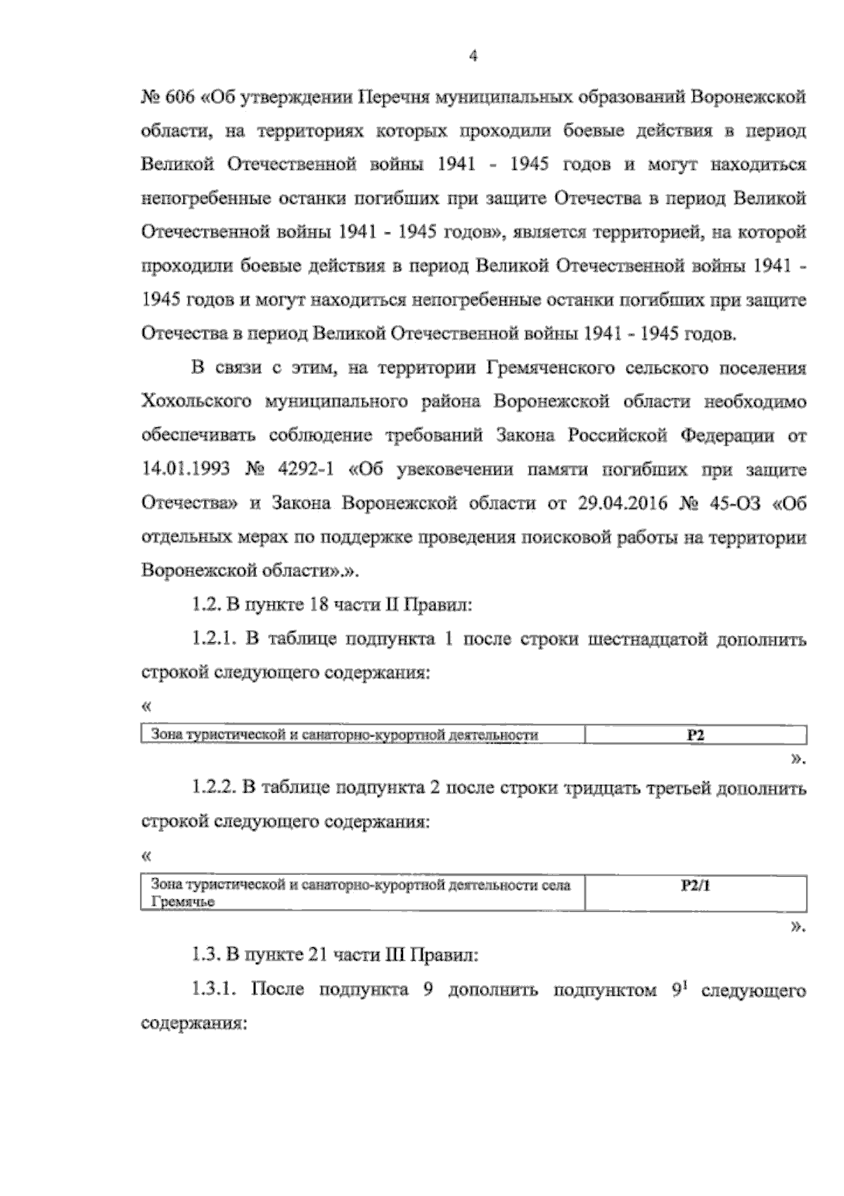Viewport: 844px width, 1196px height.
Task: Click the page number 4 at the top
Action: point(473,57)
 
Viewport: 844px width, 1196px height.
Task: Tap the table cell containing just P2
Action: point(696,736)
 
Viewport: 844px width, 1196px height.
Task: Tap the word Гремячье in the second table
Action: point(180,902)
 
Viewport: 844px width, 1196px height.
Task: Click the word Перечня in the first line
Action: point(392,96)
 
